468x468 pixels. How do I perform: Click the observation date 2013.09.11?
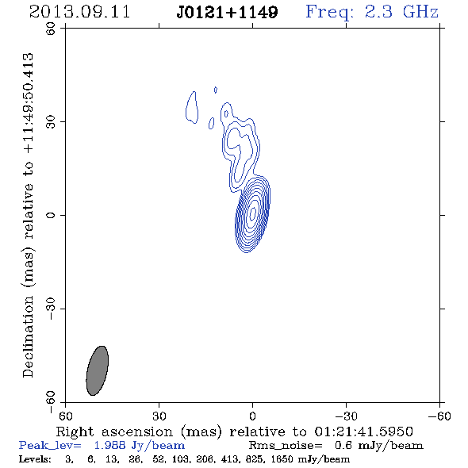click(x=79, y=12)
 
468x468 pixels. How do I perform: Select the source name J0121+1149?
click(x=227, y=12)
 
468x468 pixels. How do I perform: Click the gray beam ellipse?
click(x=98, y=370)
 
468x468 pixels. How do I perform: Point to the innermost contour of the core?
click(x=253, y=213)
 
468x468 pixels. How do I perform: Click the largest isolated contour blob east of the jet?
click(x=192, y=107)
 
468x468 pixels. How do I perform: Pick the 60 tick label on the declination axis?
click(x=51, y=29)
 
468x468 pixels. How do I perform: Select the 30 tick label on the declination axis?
click(x=51, y=122)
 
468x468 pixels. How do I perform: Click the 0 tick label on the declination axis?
click(x=51, y=215)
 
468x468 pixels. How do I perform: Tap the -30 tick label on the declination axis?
click(x=51, y=309)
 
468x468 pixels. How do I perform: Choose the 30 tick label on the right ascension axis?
click(x=159, y=416)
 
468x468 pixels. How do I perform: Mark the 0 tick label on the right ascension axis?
click(x=252, y=416)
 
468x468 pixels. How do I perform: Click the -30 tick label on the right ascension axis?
click(x=346, y=416)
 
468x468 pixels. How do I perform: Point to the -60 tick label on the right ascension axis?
click(x=439, y=416)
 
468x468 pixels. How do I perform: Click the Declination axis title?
click(x=28, y=215)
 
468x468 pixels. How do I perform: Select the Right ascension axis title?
click(x=235, y=432)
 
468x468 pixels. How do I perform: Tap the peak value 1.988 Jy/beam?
click(x=140, y=446)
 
